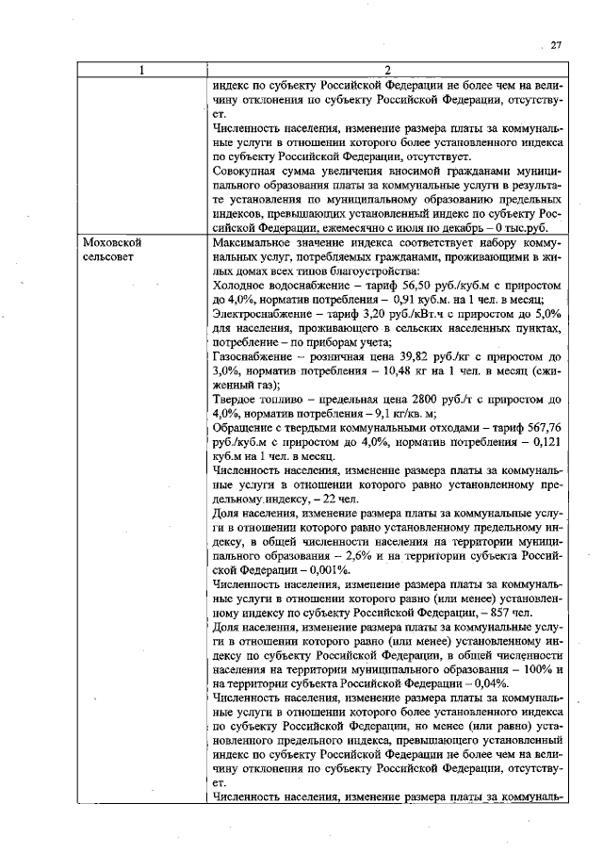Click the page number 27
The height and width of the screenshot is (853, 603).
coord(556,44)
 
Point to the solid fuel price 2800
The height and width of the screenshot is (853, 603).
coord(408,399)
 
